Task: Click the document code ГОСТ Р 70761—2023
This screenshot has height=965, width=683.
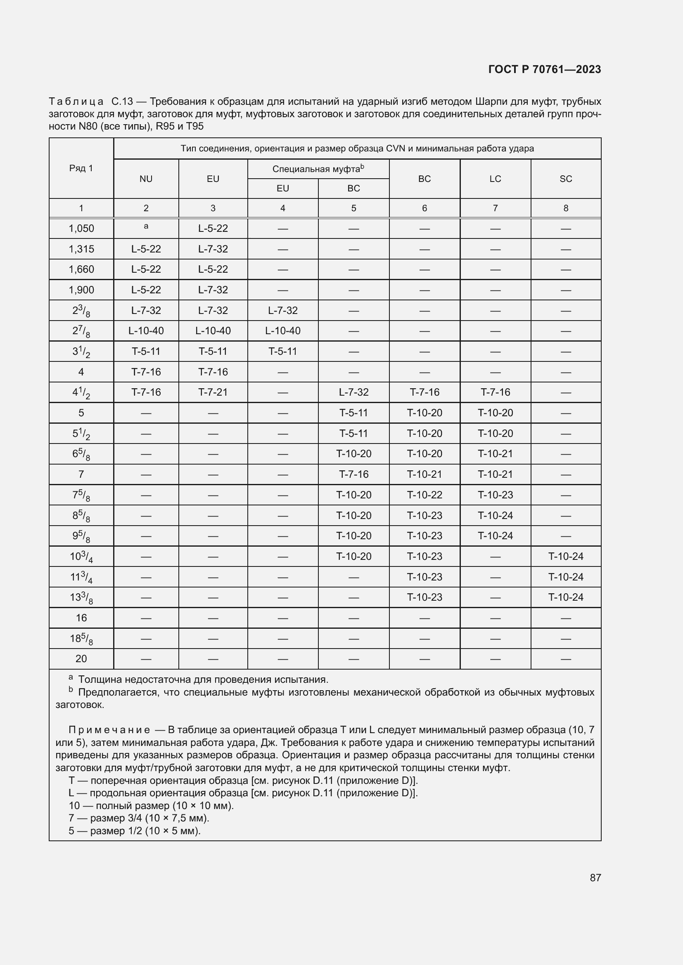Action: coord(545,69)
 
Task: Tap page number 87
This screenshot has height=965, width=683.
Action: coord(595,878)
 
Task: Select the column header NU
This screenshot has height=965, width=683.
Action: coord(146,179)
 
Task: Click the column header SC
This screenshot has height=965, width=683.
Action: coord(566,179)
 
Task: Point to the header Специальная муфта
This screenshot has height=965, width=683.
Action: coord(318,169)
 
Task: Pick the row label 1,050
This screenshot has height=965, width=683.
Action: coord(81,229)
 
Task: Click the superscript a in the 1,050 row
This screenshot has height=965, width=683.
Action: coord(146,226)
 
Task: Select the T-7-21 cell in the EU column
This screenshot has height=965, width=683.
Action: coord(213,392)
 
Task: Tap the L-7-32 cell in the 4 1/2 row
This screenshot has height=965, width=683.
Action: coord(353,392)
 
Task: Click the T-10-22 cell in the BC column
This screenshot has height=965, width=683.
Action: coord(425,495)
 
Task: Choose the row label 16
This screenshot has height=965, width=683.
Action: coord(81,618)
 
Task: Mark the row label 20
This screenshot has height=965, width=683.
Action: coord(81,658)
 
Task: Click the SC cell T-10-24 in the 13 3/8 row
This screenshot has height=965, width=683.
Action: coord(566,597)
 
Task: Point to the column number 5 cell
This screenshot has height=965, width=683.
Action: coord(353,208)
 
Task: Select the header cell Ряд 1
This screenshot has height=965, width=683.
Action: coord(81,168)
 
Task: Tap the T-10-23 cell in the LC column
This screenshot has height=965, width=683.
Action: coord(495,495)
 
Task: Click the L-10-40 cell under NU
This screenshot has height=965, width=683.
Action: coord(146,331)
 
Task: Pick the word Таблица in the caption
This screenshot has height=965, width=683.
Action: coord(76,101)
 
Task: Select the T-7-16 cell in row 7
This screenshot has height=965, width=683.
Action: coord(353,474)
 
